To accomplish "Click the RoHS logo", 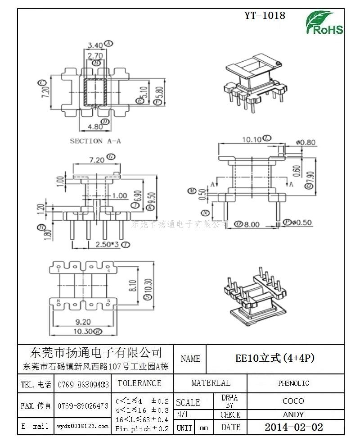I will click(x=324, y=23).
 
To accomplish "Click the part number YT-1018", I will click(x=265, y=15).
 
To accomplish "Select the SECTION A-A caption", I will click(x=95, y=141).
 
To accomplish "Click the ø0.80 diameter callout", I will click(x=306, y=142).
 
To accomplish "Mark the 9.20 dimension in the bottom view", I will click(x=83, y=322).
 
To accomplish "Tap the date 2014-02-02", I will click(x=293, y=427).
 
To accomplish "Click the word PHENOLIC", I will click(x=293, y=383).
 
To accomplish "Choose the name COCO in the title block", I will click(x=293, y=400).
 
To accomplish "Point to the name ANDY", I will click(x=293, y=414).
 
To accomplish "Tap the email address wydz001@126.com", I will click(x=83, y=425).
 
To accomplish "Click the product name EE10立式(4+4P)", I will click(x=275, y=358).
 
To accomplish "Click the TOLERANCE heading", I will click(x=139, y=383).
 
